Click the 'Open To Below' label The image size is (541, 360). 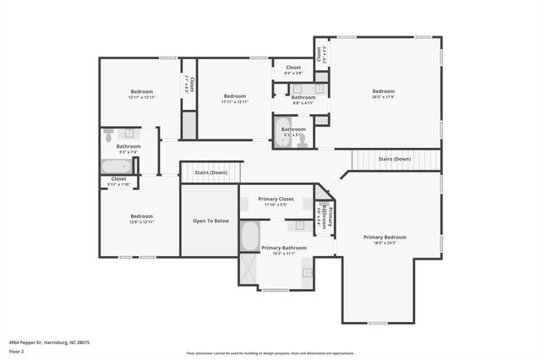(210, 221)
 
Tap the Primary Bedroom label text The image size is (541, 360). (385, 237)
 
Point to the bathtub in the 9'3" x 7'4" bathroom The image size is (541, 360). (116, 166)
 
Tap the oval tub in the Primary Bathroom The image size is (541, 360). (249, 236)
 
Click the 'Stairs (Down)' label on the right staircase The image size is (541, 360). (394, 159)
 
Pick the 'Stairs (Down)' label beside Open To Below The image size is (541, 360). (210, 172)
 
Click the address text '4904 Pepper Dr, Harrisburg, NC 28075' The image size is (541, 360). (50, 342)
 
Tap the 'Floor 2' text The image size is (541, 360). (17, 351)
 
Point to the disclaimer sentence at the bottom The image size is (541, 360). (270, 353)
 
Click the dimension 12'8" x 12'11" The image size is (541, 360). (141, 222)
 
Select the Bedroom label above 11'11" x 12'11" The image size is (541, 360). (234, 95)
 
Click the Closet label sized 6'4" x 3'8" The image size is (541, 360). (293, 68)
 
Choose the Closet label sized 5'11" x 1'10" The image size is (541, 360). (119, 179)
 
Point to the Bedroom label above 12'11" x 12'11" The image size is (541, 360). (141, 91)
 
